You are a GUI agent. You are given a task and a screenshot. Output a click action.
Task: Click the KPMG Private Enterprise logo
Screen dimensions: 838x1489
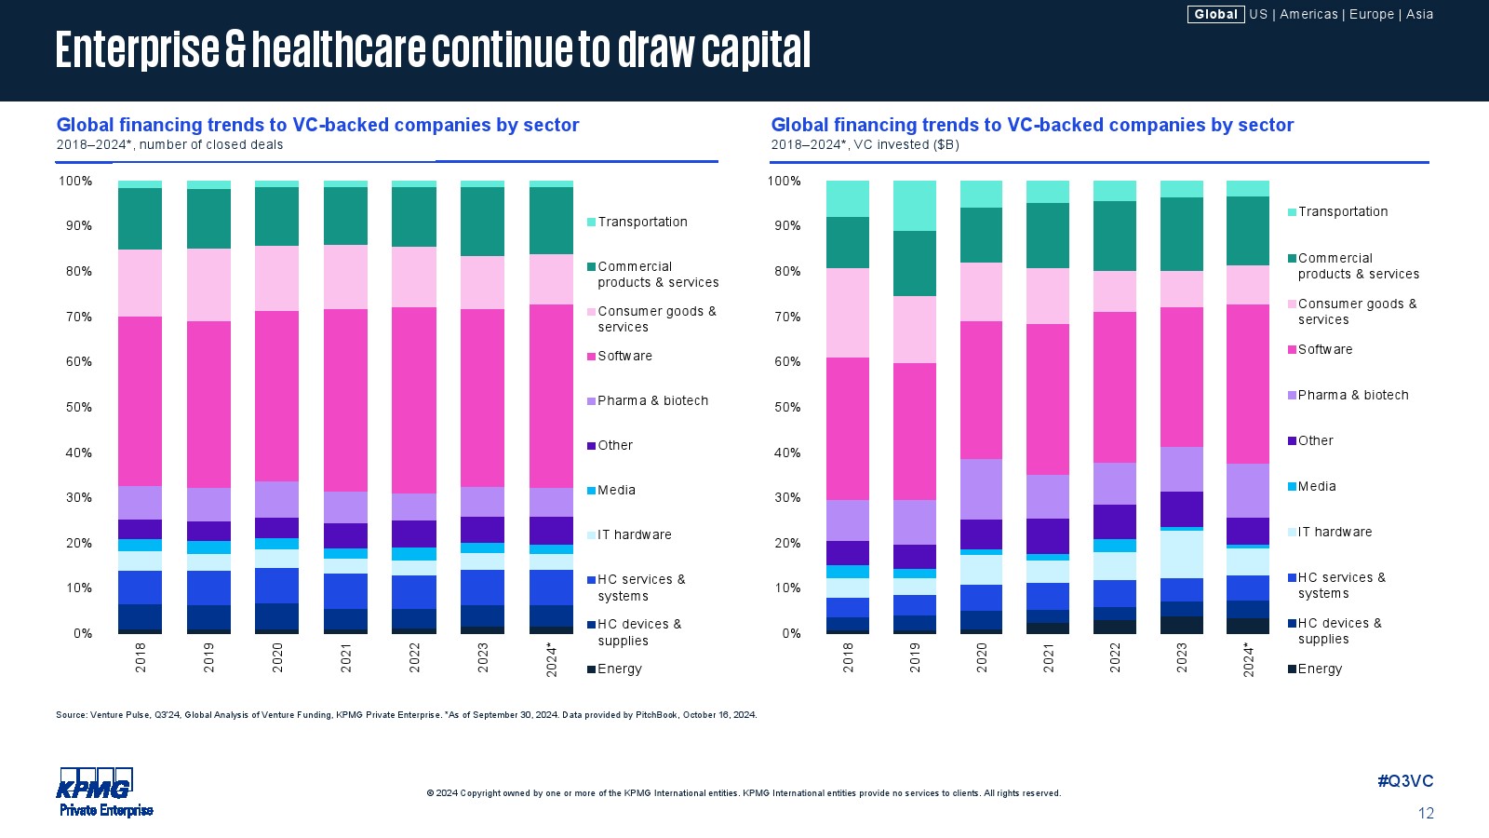pyautogui.click(x=105, y=792)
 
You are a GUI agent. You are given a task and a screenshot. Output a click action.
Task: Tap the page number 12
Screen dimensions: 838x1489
pyautogui.click(x=1426, y=814)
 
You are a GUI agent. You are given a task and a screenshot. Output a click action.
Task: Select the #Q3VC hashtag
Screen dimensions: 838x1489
pyautogui.click(x=1405, y=781)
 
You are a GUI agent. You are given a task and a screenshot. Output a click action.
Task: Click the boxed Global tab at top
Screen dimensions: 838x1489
pyautogui.click(x=1215, y=14)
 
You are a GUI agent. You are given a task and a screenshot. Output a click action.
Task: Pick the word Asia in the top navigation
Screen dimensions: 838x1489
pyautogui.click(x=1419, y=14)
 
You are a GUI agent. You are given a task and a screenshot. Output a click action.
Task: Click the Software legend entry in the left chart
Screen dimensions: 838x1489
pyautogui.click(x=624, y=356)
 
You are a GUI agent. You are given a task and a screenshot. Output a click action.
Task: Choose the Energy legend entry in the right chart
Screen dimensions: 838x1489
pyautogui.click(x=1320, y=669)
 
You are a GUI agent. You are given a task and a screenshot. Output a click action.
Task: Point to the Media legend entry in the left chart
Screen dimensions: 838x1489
pyautogui.click(x=616, y=490)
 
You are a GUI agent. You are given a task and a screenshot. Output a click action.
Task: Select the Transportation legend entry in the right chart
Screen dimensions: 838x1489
pyautogui.click(x=1342, y=211)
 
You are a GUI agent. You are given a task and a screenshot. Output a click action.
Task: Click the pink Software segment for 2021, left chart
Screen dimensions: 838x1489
pyautogui.click(x=345, y=400)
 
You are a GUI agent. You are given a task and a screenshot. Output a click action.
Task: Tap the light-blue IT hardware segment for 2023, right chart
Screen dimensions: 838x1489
pyautogui.click(x=1181, y=554)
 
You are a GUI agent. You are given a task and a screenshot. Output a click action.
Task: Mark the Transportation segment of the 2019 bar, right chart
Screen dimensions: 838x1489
pyautogui.click(x=915, y=206)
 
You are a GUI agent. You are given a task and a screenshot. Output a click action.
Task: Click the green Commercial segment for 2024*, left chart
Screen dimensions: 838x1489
pyautogui.click(x=551, y=221)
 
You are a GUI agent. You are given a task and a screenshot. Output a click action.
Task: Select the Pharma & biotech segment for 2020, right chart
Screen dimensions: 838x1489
pyautogui.click(x=981, y=489)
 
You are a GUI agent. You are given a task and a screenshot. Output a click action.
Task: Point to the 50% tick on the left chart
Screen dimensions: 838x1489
pyautogui.click(x=79, y=407)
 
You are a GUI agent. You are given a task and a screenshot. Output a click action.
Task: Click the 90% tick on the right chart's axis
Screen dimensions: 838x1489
pyautogui.click(x=786, y=225)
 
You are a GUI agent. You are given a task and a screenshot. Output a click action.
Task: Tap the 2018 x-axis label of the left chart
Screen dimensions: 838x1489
pyautogui.click(x=141, y=657)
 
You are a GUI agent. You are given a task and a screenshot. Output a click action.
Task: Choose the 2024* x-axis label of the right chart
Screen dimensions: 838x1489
pyautogui.click(x=1248, y=659)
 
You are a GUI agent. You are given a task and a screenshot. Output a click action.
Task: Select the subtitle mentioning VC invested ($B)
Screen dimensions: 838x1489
pyautogui.click(x=865, y=144)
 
